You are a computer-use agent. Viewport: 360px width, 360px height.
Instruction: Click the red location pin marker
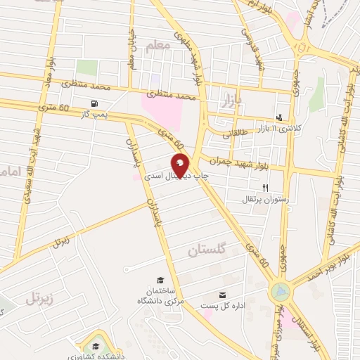tap(181, 165)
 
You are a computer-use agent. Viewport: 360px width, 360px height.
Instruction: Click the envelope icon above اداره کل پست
tap(222, 295)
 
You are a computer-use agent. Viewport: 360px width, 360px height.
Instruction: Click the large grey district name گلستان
tap(209, 250)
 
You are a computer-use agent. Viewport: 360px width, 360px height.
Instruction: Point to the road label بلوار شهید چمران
tap(243, 165)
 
